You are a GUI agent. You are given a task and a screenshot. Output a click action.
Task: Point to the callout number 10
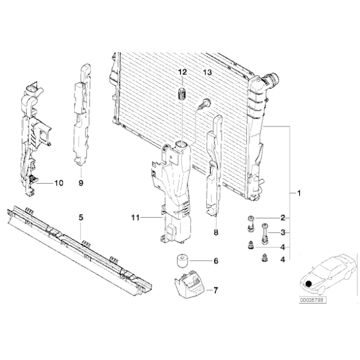pos(59,183)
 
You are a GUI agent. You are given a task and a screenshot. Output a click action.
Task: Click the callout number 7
pos(216,290)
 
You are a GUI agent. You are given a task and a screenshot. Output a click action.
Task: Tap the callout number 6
pos(216,261)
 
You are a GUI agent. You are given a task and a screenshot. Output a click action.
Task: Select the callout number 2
pos(282,218)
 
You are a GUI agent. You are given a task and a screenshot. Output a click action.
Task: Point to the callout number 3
pos(282,233)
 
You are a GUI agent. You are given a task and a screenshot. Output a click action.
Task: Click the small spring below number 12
pos(182,95)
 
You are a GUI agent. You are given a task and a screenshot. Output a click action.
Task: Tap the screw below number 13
pos(204,106)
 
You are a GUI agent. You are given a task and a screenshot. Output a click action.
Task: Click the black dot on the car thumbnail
pos(308,284)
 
